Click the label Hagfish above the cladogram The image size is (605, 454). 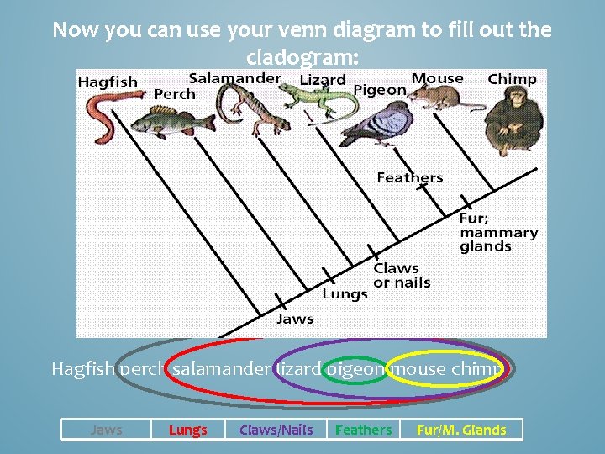click(x=108, y=82)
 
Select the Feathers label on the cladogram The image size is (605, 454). click(x=409, y=177)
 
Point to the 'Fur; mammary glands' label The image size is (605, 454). click(x=498, y=232)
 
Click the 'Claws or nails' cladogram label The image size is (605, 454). click(x=402, y=275)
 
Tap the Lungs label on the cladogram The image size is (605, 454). click(x=345, y=294)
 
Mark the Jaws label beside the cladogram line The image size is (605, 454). click(x=295, y=319)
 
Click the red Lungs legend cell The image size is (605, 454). click(x=187, y=430)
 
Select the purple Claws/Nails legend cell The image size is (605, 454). click(x=276, y=430)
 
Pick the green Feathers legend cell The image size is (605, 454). click(x=363, y=430)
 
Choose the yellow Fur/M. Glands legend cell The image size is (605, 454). click(x=461, y=430)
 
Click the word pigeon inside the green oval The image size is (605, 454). click(x=355, y=369)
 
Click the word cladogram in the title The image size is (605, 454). click(x=302, y=58)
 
